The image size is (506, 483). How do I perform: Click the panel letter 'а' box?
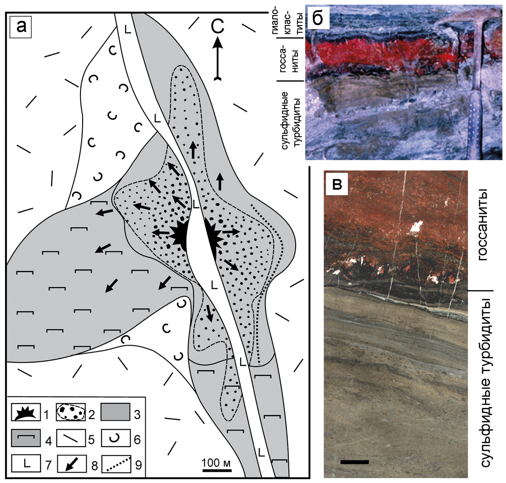click(21, 27)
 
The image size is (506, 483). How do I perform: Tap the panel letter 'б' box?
click(318, 18)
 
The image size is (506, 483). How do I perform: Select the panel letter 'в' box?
click(337, 184)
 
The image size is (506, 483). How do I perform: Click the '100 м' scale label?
click(216, 462)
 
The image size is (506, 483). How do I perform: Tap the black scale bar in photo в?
click(354, 462)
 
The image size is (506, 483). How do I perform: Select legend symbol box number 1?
click(26, 412)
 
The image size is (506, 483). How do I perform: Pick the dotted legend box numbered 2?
click(71, 412)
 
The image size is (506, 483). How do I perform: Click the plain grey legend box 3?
click(115, 412)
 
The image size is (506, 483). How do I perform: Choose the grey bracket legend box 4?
click(26, 438)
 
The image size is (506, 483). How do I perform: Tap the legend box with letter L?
click(26, 463)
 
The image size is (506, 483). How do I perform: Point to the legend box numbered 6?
click(116, 438)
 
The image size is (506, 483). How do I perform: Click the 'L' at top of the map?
click(128, 30)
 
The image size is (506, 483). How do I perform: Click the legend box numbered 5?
click(71, 438)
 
